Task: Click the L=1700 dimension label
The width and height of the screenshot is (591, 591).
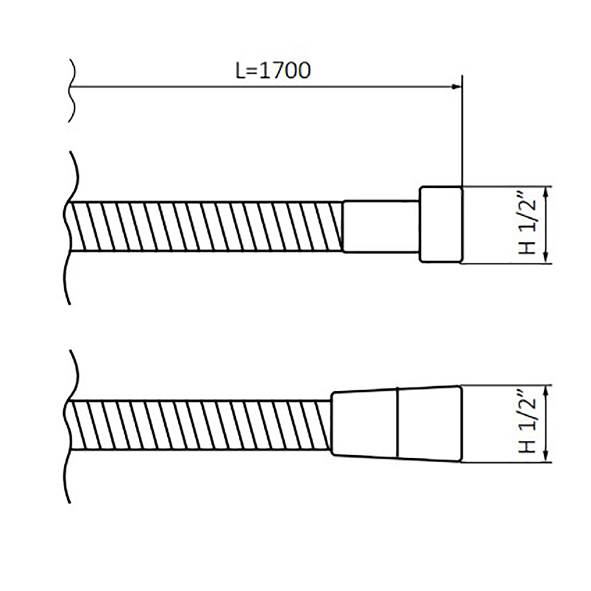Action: pos(273,70)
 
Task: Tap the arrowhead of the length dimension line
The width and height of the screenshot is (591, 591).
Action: pos(457,87)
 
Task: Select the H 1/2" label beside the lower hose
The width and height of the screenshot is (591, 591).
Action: pos(528,424)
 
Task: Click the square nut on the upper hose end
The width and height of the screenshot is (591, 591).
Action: pos(441,224)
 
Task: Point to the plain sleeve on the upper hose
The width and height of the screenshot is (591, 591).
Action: pos(381,226)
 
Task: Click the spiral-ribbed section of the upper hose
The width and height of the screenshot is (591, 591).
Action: pos(206,226)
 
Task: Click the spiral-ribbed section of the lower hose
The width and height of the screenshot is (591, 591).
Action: pos(200,425)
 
